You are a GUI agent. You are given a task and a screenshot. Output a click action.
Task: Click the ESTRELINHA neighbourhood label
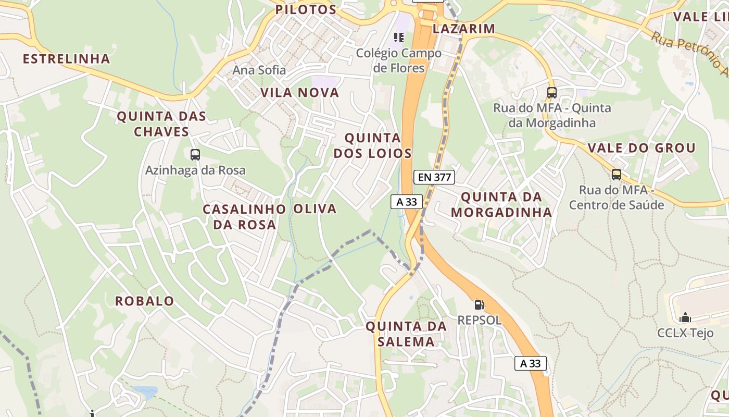pyautogui.click(x=66, y=59)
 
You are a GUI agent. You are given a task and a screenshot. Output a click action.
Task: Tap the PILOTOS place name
pyautogui.click(x=306, y=9)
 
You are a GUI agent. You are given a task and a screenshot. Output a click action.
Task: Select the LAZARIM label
pyautogui.click(x=463, y=29)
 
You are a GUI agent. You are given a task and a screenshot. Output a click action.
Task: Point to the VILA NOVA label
pyautogui.click(x=299, y=93)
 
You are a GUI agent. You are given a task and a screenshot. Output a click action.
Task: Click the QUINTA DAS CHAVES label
pyautogui.click(x=161, y=124)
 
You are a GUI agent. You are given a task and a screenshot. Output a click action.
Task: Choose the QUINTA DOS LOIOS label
pyautogui.click(x=373, y=145)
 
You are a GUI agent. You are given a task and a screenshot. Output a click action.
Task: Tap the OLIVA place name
pyautogui.click(x=315, y=209)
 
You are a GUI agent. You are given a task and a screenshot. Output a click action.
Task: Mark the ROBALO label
pyautogui.click(x=144, y=301)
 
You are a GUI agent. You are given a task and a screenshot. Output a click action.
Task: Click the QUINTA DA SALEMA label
pyautogui.click(x=406, y=334)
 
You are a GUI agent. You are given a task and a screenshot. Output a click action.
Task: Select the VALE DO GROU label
pyautogui.click(x=642, y=148)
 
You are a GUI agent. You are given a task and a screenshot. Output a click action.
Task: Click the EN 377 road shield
pyautogui.click(x=434, y=177)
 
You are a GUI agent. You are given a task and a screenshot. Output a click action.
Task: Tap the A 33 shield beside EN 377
pyautogui.click(x=407, y=202)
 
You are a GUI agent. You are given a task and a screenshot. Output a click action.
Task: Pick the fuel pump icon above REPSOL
pyautogui.click(x=479, y=305)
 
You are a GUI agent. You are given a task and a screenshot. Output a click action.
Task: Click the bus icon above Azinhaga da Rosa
pyautogui.click(x=195, y=155)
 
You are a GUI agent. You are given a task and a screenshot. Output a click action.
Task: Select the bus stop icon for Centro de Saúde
pyautogui.click(x=617, y=175)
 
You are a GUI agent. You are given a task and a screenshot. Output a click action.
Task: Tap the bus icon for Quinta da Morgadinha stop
pyautogui.click(x=552, y=93)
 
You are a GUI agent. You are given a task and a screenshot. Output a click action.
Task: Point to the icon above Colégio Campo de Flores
pyautogui.click(x=399, y=38)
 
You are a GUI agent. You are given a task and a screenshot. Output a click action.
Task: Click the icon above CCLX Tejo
pyautogui.click(x=685, y=317)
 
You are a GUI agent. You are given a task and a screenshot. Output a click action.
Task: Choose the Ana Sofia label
pyautogui.click(x=259, y=70)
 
